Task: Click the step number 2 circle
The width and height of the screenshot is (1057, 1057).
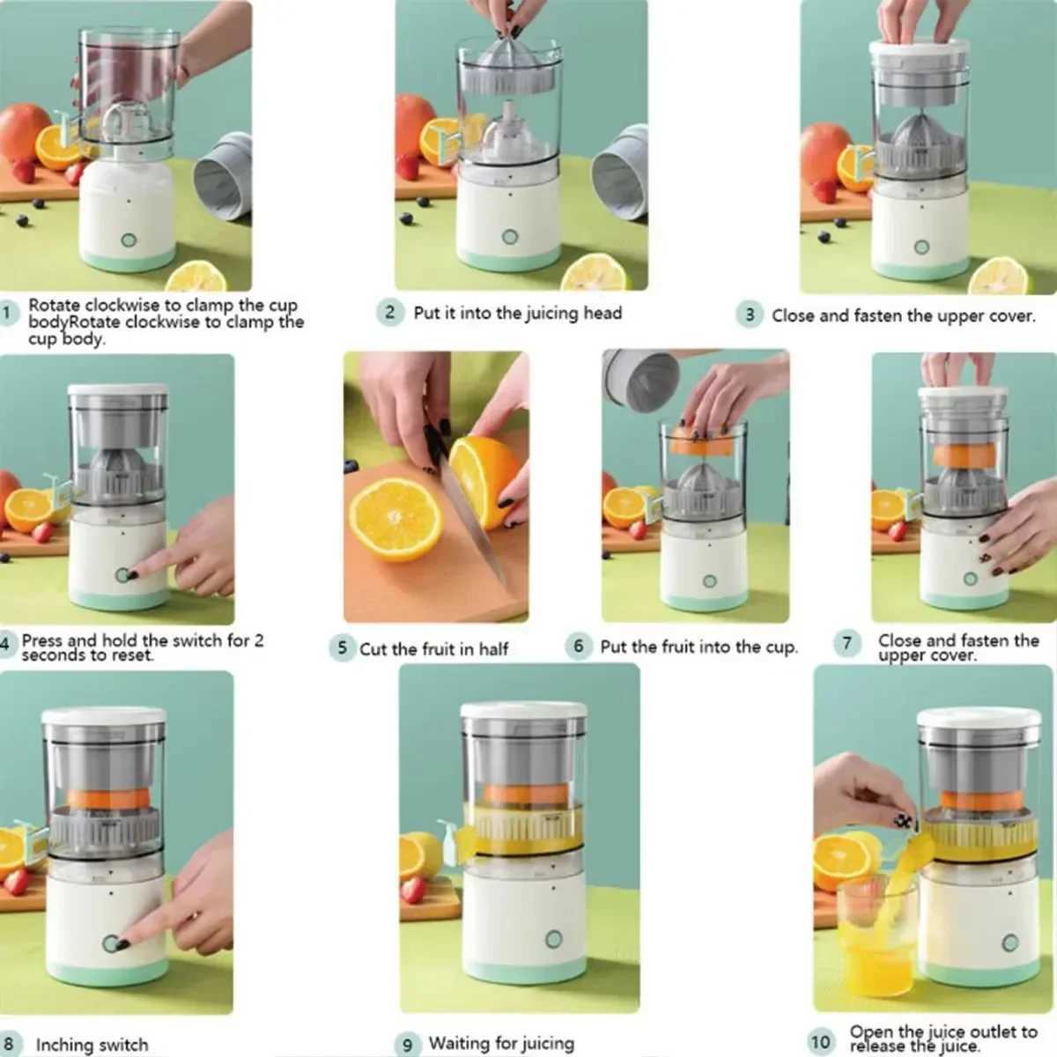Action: (x=390, y=313)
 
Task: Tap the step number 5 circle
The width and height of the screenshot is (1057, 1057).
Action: (x=342, y=649)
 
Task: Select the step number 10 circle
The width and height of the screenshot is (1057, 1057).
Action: (x=820, y=1041)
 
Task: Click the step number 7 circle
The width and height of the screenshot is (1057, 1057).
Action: (x=846, y=643)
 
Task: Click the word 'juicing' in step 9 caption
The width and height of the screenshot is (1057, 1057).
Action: (x=537, y=1044)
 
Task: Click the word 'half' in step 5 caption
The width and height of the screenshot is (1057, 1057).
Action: (x=493, y=649)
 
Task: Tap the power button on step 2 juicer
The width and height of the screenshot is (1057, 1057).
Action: (x=510, y=237)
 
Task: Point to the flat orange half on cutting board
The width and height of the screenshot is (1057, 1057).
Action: (x=395, y=520)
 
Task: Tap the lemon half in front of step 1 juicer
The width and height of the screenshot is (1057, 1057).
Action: (x=196, y=277)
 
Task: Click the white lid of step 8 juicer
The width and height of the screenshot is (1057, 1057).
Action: (x=104, y=716)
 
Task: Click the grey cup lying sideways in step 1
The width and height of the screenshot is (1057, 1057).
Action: (x=223, y=176)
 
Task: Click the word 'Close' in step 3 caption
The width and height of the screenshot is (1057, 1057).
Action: (x=793, y=315)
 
